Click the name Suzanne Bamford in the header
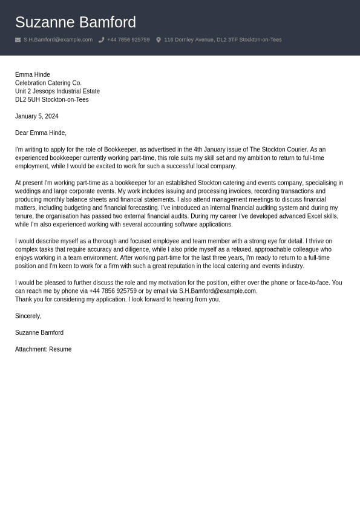pos(75,22)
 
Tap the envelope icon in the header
pos(18,40)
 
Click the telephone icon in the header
pos(101,40)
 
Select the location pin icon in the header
pos(159,40)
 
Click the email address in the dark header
pos(58,40)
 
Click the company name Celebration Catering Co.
pos(48,83)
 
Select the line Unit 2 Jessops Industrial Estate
pos(57,91)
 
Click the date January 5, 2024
pos(37,116)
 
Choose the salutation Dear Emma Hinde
pos(41,133)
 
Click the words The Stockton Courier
pos(278,149)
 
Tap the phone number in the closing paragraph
pos(113,291)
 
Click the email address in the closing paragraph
pos(217,291)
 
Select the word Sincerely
pos(28,316)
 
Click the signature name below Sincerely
pos(39,333)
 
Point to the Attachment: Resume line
pos(43,349)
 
